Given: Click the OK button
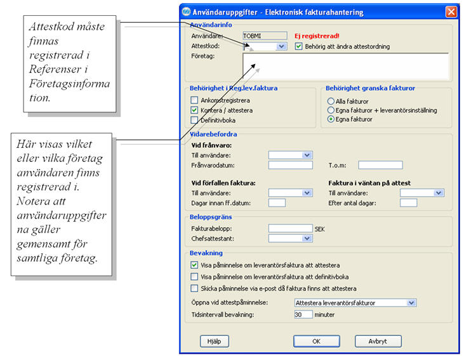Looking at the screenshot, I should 317,341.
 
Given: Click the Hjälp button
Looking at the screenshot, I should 214,341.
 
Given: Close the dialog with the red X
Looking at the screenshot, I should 451,11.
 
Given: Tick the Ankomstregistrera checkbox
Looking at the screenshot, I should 195,100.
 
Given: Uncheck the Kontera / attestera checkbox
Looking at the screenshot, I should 195,109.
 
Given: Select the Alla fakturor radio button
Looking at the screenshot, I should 331,101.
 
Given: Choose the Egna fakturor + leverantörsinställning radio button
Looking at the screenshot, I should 331,110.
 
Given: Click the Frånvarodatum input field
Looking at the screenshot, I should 290,165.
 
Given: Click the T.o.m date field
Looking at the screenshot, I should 380,165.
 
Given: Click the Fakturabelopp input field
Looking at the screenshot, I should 290,228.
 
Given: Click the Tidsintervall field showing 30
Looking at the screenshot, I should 303,314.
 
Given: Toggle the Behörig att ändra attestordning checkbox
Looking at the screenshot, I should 300,46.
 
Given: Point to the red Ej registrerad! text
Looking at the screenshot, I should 317,36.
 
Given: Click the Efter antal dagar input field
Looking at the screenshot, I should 408,203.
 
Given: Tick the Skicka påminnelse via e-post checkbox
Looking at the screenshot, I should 195,288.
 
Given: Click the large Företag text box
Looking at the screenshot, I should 345,65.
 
